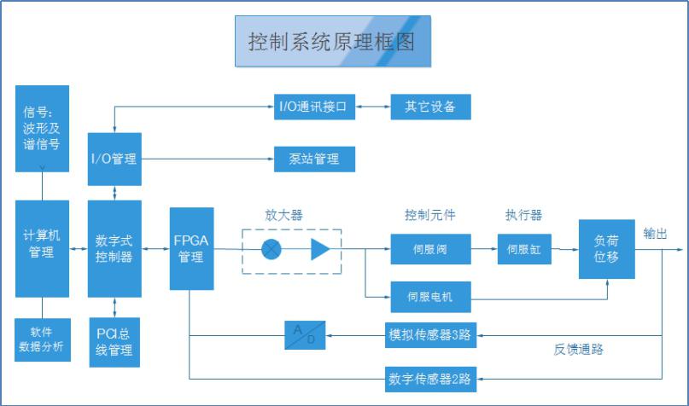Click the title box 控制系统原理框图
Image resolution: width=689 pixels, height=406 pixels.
point(333,41)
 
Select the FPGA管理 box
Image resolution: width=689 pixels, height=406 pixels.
point(191,248)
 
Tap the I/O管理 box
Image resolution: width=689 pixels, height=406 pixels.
point(114,159)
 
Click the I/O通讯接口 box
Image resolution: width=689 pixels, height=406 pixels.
point(313,107)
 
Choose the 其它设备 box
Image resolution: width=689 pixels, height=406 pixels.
point(430,107)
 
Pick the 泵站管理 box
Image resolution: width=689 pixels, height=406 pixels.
point(313,159)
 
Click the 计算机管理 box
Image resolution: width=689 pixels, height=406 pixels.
point(42,243)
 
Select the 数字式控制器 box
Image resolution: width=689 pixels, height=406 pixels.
point(114,248)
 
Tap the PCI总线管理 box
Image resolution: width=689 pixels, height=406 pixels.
point(114,341)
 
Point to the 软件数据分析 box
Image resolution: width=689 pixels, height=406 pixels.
point(42,339)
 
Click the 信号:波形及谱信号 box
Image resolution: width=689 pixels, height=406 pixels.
point(42,128)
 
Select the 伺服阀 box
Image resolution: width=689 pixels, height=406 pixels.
point(430,249)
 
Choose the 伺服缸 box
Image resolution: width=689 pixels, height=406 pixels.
point(523,249)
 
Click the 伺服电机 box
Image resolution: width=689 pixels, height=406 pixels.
point(430,297)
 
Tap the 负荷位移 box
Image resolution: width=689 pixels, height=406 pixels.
point(607,248)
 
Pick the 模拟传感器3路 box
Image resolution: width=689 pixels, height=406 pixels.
point(430,335)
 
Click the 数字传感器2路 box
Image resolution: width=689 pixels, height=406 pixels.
point(430,376)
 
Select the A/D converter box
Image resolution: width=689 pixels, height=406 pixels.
point(306,335)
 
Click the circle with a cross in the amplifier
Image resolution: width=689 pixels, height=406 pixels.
point(272,249)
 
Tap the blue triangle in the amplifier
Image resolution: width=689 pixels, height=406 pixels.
point(319,249)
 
